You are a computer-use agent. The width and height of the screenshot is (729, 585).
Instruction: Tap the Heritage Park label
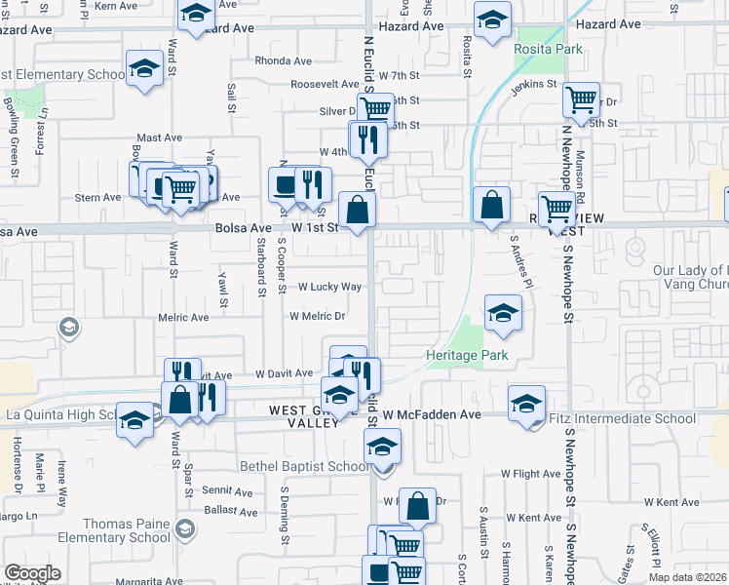pos(467,356)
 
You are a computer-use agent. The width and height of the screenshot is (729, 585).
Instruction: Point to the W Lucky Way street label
pos(329,288)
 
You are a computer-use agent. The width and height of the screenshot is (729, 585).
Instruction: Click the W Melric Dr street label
pos(318,317)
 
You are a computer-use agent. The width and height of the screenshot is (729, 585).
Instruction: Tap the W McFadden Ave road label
pos(432,414)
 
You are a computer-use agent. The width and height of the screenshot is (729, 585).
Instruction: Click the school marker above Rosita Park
pos(492,19)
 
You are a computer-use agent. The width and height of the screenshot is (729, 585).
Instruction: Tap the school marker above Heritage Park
pos(503,312)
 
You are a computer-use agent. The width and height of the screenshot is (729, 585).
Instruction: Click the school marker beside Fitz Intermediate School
pos(526,403)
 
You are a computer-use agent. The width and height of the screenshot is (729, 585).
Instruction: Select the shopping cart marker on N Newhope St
pos(581,98)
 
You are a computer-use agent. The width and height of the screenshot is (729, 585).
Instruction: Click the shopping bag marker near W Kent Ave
pos(417,505)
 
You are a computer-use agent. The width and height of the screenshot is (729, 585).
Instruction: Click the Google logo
pos(33,573)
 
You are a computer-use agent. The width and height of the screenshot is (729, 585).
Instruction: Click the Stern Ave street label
pos(97,197)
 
